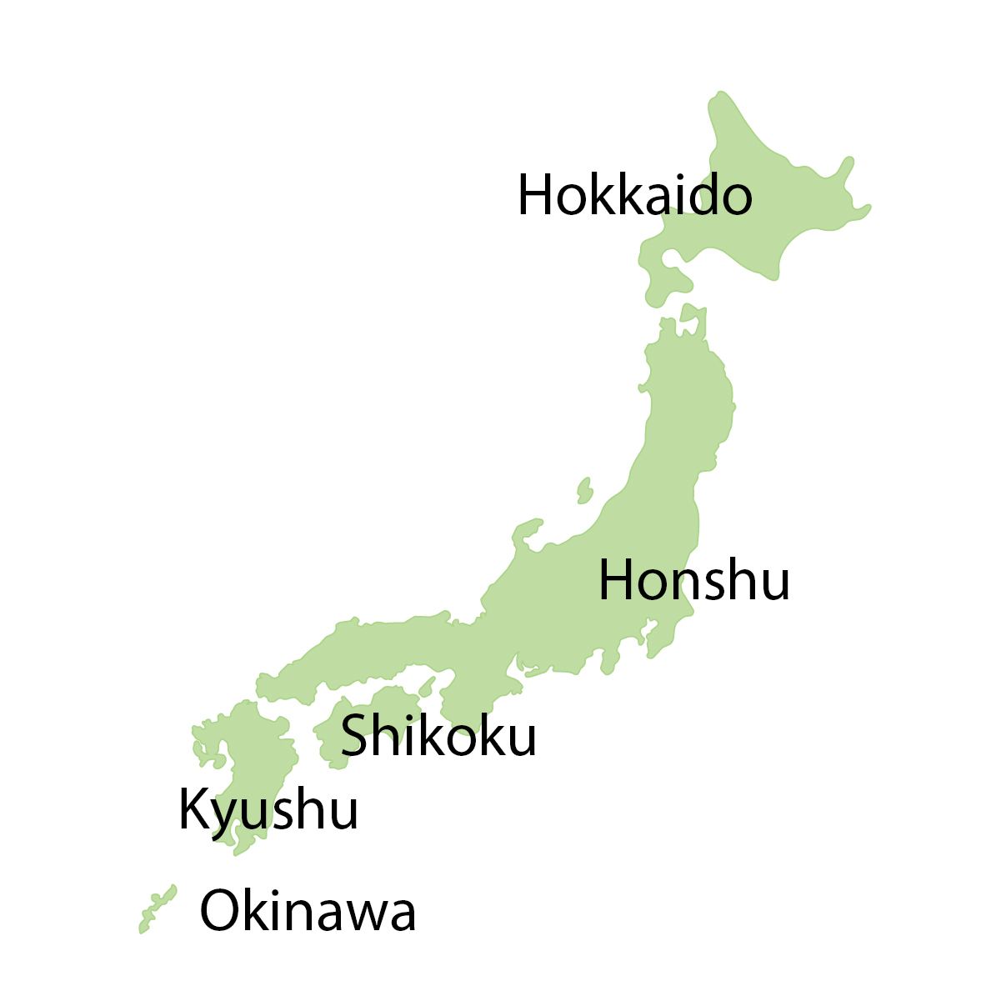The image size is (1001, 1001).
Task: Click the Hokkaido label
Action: [x=634, y=195]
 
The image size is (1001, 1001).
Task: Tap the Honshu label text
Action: [x=693, y=580]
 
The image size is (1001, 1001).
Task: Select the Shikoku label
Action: [x=438, y=735]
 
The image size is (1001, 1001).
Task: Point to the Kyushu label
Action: [x=268, y=808]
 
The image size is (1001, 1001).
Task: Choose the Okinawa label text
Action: [x=308, y=910]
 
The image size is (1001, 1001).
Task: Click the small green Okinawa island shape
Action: [x=157, y=908]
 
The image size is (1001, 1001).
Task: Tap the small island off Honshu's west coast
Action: [x=584, y=490]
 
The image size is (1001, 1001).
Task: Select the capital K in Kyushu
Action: [x=194, y=808]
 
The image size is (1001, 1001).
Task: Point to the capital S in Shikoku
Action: [x=358, y=735]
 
